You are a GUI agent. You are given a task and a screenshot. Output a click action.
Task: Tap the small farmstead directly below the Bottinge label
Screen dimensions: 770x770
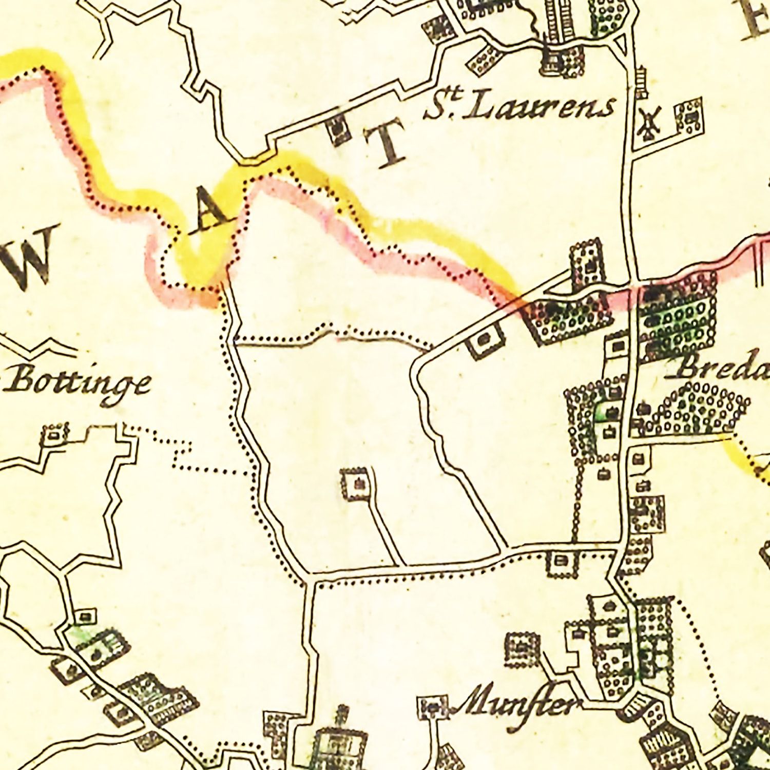click(x=54, y=434)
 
